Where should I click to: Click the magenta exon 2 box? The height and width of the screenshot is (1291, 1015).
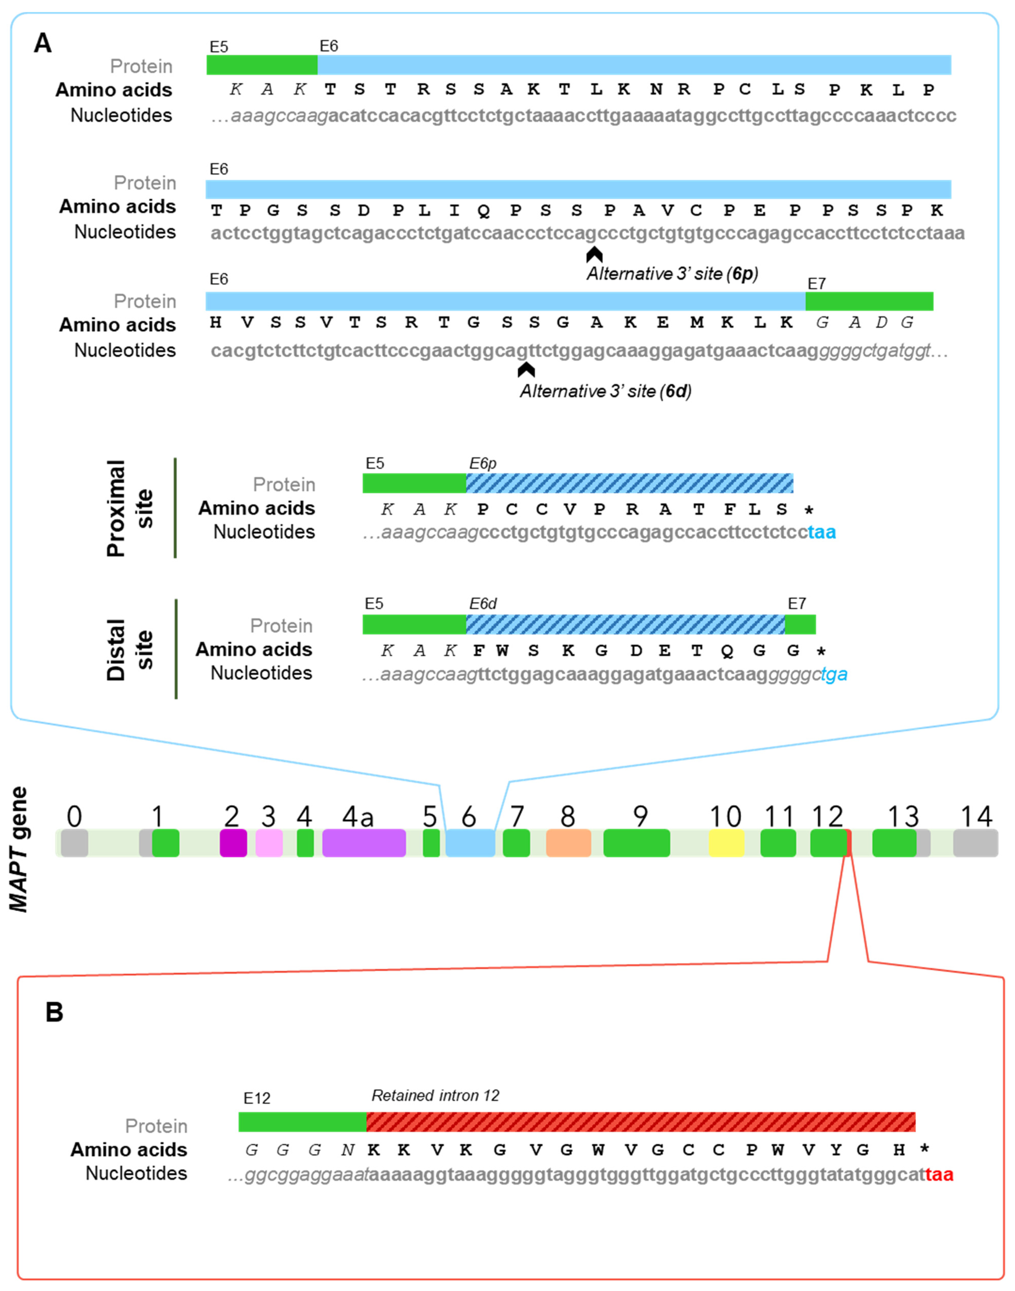(233, 842)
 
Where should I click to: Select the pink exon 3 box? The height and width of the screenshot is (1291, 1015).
(269, 842)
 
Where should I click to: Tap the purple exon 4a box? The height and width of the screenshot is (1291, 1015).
(364, 842)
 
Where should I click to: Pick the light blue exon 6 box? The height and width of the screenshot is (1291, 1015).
(470, 842)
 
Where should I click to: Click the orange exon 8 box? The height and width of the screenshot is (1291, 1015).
(568, 842)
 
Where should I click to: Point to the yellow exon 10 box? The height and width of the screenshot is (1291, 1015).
(726, 842)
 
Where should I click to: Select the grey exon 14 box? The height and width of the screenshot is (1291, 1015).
(975, 842)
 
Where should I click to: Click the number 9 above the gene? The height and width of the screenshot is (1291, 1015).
(640, 817)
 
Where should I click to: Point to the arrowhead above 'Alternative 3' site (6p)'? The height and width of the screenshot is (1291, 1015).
(594, 255)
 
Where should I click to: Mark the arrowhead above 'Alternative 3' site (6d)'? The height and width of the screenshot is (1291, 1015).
(526, 370)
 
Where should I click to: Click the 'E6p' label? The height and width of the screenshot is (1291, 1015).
(483, 463)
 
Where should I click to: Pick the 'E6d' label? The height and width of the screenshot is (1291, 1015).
(483, 604)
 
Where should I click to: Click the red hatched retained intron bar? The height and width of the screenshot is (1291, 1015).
(641, 1122)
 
